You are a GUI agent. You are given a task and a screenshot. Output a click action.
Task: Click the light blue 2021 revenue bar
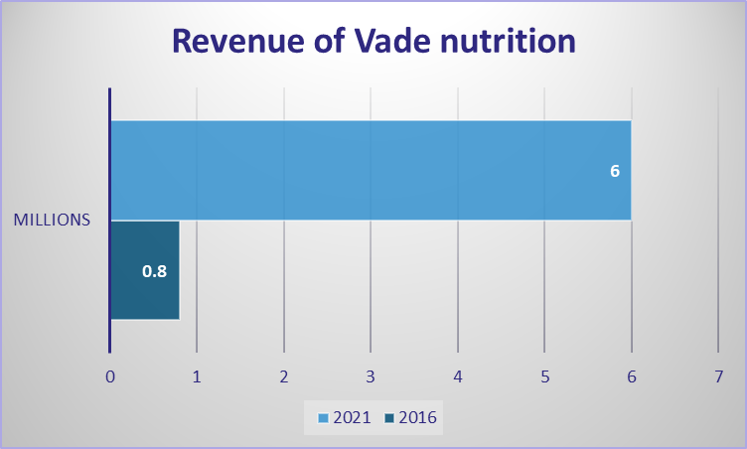372,170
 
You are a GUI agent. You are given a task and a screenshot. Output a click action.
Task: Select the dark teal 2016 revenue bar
145,270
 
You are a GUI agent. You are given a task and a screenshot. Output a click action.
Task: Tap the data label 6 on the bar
615,171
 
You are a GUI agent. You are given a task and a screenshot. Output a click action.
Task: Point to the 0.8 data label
154,271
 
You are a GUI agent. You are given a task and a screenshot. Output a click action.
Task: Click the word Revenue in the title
238,41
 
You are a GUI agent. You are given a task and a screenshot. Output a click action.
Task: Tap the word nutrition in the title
508,41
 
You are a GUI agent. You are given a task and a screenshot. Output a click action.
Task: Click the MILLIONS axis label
52,220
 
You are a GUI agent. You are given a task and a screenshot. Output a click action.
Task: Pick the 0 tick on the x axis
110,377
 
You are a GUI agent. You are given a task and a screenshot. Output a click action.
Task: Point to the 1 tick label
197,377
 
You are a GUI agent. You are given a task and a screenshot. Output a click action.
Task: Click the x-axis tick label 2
284,377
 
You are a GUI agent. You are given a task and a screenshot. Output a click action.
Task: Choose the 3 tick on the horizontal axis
371,377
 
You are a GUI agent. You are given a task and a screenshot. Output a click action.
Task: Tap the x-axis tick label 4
458,377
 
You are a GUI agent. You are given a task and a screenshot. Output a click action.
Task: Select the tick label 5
545,377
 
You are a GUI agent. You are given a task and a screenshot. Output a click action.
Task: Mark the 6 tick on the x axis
632,377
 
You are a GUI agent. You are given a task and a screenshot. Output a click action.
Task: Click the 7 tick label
719,377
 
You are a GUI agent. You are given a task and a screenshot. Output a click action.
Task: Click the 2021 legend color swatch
324,418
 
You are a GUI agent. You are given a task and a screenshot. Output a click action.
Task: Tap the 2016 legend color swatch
389,418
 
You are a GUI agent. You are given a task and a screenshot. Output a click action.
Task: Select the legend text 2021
352,417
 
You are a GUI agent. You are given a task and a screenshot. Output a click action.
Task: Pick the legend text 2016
418,417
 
